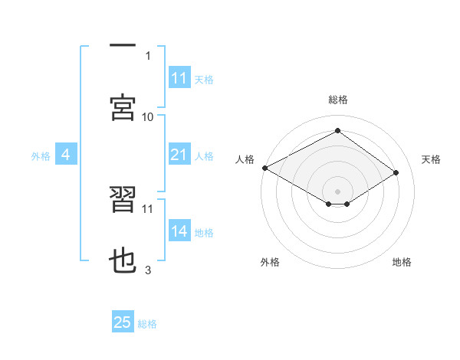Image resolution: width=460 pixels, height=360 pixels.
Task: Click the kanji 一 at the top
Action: (x=123, y=44)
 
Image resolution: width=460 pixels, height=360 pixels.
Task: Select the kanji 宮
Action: (x=123, y=107)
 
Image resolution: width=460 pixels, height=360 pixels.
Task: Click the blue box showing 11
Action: (x=179, y=78)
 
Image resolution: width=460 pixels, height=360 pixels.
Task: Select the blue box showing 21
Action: (x=179, y=155)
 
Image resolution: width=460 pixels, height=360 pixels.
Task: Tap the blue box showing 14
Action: (x=179, y=231)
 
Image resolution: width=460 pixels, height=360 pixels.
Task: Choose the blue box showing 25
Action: (x=123, y=322)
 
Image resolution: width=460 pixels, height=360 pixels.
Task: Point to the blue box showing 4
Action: (x=66, y=155)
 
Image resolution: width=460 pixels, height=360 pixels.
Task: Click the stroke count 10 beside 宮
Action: (x=148, y=116)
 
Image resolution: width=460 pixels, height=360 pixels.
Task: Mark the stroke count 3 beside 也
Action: (x=148, y=270)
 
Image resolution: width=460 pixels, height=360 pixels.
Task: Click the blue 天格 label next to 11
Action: (x=204, y=79)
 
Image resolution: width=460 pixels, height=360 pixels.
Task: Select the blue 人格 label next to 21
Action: (x=204, y=156)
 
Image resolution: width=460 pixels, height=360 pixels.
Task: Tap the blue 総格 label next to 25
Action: (x=147, y=323)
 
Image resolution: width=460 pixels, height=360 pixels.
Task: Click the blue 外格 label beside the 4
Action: (x=41, y=156)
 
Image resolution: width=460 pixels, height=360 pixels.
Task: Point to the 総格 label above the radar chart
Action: (x=337, y=100)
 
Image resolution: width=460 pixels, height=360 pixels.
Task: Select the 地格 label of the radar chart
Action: (x=402, y=262)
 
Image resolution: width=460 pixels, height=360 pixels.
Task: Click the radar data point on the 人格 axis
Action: (x=264, y=168)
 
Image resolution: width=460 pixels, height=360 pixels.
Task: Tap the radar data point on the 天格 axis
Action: (x=396, y=174)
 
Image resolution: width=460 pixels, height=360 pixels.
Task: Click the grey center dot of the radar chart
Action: (x=337, y=190)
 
